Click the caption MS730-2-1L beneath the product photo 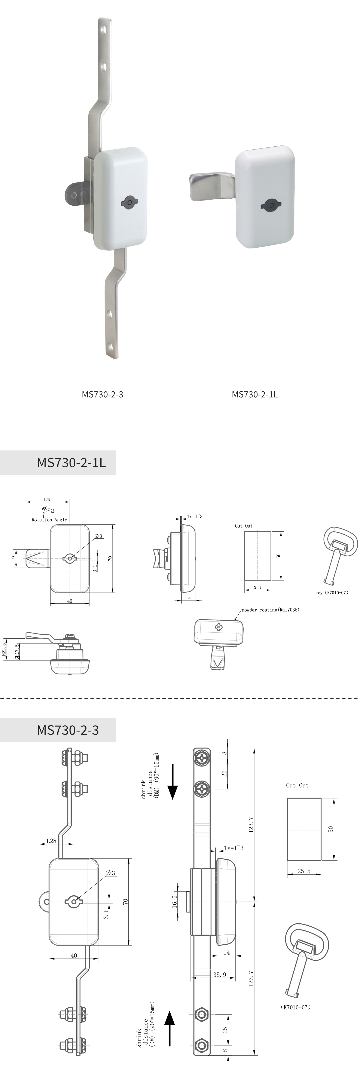click(x=254, y=394)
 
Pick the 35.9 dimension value click(x=220, y=975)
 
